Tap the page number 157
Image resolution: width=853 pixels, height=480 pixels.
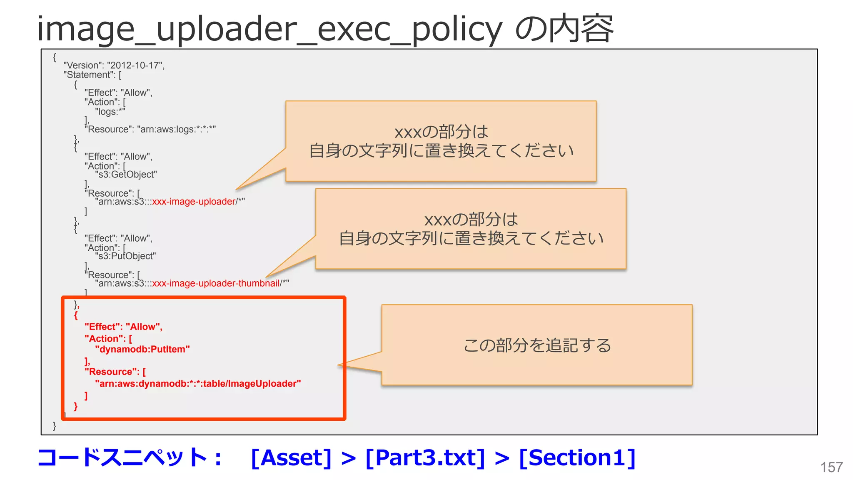[831, 467]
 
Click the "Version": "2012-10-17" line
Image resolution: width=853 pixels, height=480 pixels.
[114, 65]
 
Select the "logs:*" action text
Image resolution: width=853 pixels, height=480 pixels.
[110, 112]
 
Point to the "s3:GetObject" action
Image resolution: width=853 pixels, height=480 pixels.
[126, 175]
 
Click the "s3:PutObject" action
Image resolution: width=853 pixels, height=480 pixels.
[125, 256]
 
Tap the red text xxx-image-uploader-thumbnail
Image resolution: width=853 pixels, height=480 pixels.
[216, 283]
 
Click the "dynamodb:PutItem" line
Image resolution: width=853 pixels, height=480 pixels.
[142, 349]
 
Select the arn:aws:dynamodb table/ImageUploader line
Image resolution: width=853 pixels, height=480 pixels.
[198, 383]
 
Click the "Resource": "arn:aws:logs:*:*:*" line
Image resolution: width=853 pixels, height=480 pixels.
[150, 129]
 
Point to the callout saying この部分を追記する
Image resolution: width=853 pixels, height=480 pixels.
[537, 345]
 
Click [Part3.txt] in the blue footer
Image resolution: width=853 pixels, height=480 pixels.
[425, 457]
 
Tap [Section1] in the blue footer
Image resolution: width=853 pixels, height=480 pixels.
[577, 457]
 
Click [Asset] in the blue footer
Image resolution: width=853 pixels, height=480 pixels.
[291, 457]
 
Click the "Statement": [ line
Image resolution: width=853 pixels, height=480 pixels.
[92, 75]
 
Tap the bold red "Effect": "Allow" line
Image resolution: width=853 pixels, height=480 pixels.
[123, 327]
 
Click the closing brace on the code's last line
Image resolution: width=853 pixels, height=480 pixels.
[54, 425]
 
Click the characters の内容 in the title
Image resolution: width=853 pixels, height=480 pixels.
[564, 29]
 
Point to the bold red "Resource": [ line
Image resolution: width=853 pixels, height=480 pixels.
[115, 372]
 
